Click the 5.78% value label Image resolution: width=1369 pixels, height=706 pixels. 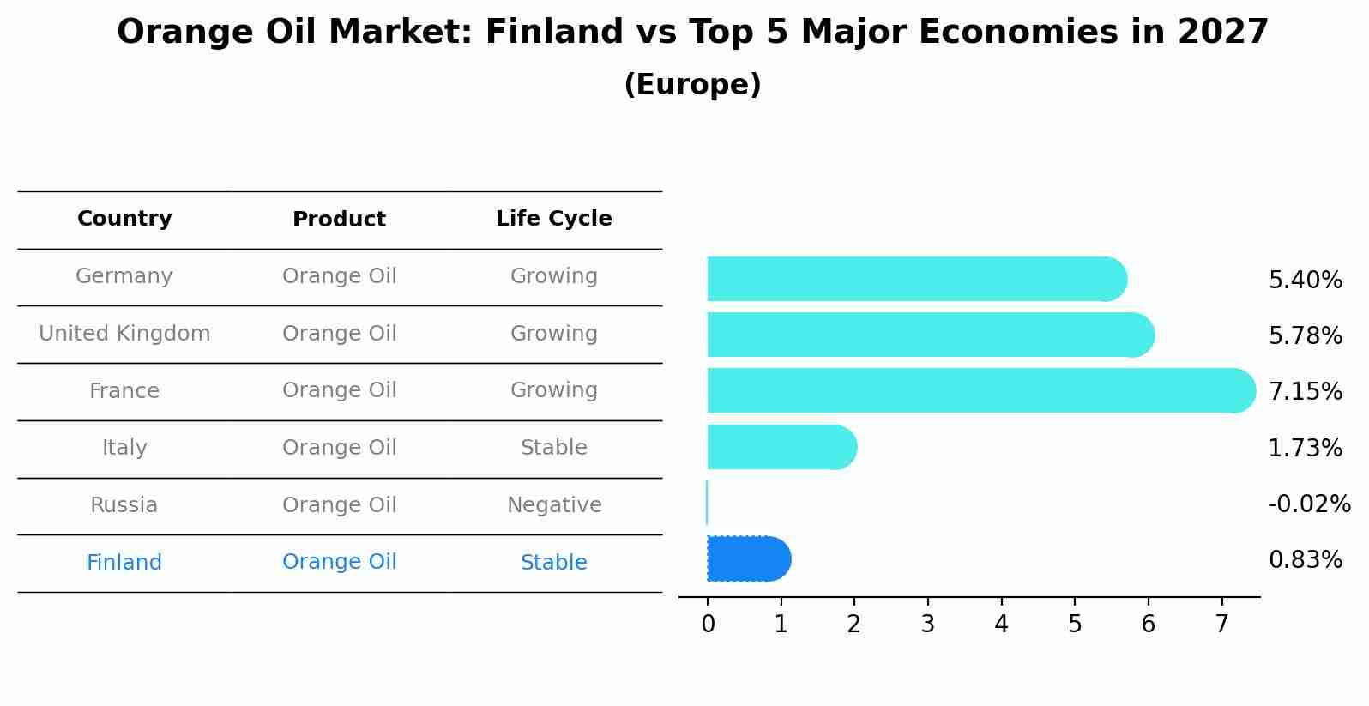coord(1305,335)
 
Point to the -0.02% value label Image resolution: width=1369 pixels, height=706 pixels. coord(1309,504)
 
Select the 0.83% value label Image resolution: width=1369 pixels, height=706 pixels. coord(1305,560)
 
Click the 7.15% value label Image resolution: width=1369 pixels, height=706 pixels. coord(1305,392)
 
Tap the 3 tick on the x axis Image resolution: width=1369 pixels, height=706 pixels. coord(927,625)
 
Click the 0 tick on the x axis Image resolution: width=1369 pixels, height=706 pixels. coord(708,625)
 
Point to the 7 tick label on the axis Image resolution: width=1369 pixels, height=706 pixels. coord(1221,625)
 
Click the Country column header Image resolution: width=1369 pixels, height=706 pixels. coord(124,219)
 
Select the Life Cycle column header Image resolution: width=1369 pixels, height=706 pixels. coord(553,219)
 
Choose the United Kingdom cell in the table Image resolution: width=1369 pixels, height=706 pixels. coord(124,334)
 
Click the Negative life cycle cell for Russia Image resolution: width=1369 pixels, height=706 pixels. coord(553,505)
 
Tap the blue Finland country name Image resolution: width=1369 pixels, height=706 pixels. coord(124,563)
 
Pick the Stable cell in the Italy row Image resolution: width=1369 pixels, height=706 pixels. coord(553,448)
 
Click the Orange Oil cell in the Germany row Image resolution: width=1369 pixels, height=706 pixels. coord(339,276)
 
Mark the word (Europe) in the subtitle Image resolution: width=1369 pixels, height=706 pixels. coord(692,85)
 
